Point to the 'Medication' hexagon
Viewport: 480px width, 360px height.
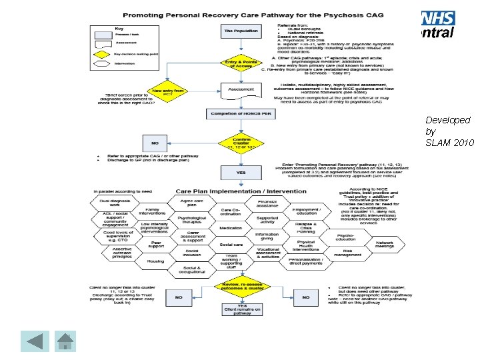coord(231,227)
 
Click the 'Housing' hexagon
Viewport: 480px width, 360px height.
coord(155,261)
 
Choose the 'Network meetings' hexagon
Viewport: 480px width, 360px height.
coord(384,244)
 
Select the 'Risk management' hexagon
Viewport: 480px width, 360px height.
coord(347,253)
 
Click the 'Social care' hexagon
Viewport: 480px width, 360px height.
coord(231,245)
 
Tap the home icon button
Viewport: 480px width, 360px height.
coord(65,341)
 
